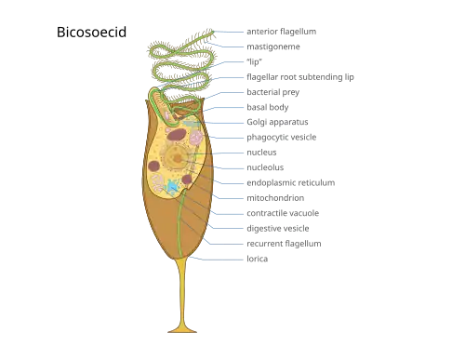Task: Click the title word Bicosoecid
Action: coord(91,32)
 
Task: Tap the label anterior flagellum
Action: coord(282,32)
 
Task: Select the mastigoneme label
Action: coord(273,47)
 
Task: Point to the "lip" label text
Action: coord(254,61)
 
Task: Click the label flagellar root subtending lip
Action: coord(300,77)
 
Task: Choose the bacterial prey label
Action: coord(273,92)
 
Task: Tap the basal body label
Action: coord(268,107)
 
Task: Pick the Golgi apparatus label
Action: coord(277,122)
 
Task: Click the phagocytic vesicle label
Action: coord(282,138)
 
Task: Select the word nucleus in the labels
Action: coord(261,153)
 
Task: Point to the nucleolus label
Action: coord(265,167)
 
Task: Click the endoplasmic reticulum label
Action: coord(291,182)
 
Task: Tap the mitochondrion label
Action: coord(275,198)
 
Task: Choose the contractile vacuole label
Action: coord(283,213)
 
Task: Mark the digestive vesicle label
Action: coord(278,229)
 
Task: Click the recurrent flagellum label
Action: coord(284,244)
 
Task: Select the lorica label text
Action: coord(258,259)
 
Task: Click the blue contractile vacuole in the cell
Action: coord(173,186)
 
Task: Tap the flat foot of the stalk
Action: coord(182,330)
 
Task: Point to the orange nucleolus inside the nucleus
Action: coord(178,159)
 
